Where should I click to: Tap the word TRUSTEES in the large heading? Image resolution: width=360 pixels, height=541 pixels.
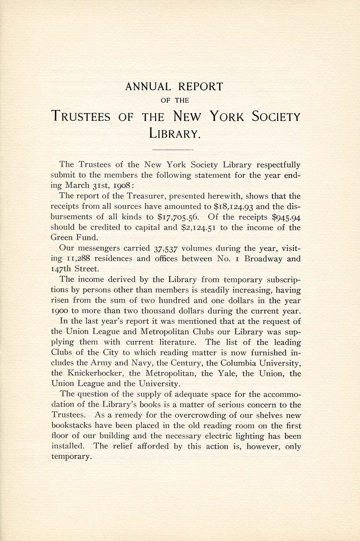82,117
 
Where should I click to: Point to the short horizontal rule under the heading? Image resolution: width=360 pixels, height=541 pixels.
173,150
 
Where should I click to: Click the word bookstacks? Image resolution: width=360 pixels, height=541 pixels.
70,425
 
